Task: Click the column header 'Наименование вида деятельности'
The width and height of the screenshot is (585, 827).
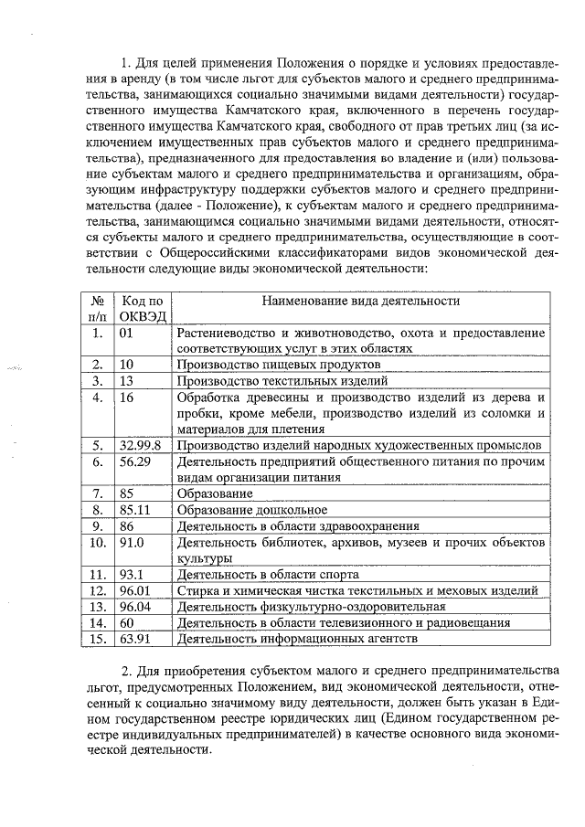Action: pyautogui.click(x=360, y=300)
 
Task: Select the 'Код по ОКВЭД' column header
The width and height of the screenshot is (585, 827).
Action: pyautogui.click(x=142, y=308)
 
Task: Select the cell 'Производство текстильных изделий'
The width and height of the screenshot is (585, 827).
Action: pyautogui.click(x=282, y=381)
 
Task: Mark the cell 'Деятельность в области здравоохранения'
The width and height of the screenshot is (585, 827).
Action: pyautogui.click(x=298, y=525)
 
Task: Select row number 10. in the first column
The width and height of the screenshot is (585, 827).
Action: pyautogui.click(x=96, y=542)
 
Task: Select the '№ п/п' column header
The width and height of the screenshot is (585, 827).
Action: pyautogui.click(x=96, y=308)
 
